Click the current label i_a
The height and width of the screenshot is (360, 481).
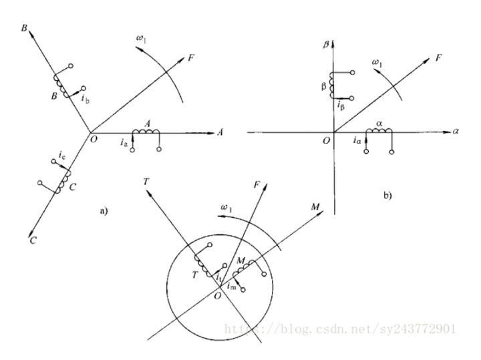[125, 141]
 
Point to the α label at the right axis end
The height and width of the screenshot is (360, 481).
[456, 132]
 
